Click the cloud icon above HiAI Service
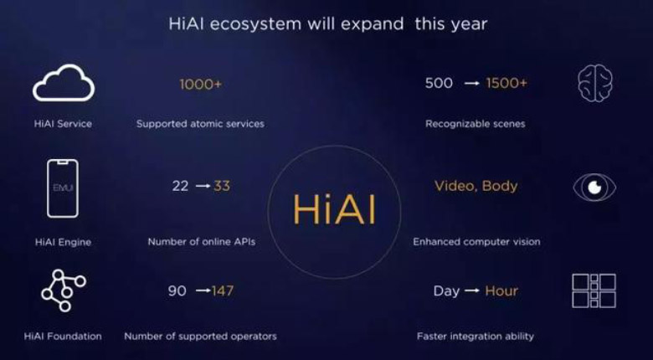click(63, 84)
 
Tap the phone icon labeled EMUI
click(63, 189)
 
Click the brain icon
click(594, 84)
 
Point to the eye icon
click(594, 187)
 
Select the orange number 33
click(222, 186)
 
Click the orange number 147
click(223, 291)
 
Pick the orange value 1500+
click(506, 83)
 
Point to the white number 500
click(439, 83)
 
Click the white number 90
click(177, 291)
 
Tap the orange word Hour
click(501, 291)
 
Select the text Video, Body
click(476, 186)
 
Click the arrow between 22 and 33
click(202, 187)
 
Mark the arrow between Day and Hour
click(472, 291)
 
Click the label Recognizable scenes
click(475, 124)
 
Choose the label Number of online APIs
click(201, 242)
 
